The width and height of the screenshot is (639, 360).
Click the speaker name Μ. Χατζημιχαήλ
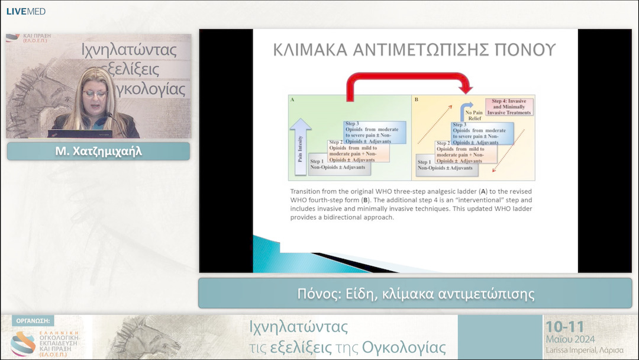click(98, 152)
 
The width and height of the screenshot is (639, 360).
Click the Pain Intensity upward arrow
click(300, 145)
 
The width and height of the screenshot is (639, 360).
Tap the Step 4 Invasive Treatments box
click(509, 107)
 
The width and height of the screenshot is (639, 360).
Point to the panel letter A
click(292, 100)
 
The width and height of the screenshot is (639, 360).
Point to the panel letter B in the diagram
click(416, 100)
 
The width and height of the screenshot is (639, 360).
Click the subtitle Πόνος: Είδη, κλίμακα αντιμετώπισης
click(415, 294)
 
